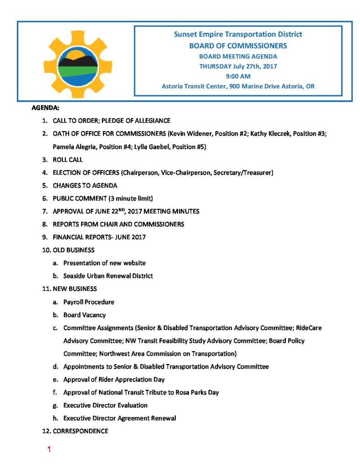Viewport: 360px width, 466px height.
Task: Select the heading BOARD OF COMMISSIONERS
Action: point(238,46)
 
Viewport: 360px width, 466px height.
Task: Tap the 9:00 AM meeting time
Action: point(238,76)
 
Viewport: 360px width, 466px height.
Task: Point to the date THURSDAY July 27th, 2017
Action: point(238,66)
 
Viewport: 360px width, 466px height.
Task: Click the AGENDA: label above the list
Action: point(46,108)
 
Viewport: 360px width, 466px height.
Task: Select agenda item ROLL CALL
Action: point(68,160)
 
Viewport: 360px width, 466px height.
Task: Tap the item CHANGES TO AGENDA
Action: point(85,186)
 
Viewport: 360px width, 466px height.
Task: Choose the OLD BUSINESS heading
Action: point(74,250)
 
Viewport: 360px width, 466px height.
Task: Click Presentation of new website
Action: point(104,263)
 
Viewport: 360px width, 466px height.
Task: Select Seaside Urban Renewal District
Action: point(108,276)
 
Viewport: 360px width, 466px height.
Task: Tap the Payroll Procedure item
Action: point(89,302)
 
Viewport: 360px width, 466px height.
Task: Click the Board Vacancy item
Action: point(84,314)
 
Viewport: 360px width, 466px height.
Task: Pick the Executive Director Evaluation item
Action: point(105,405)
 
